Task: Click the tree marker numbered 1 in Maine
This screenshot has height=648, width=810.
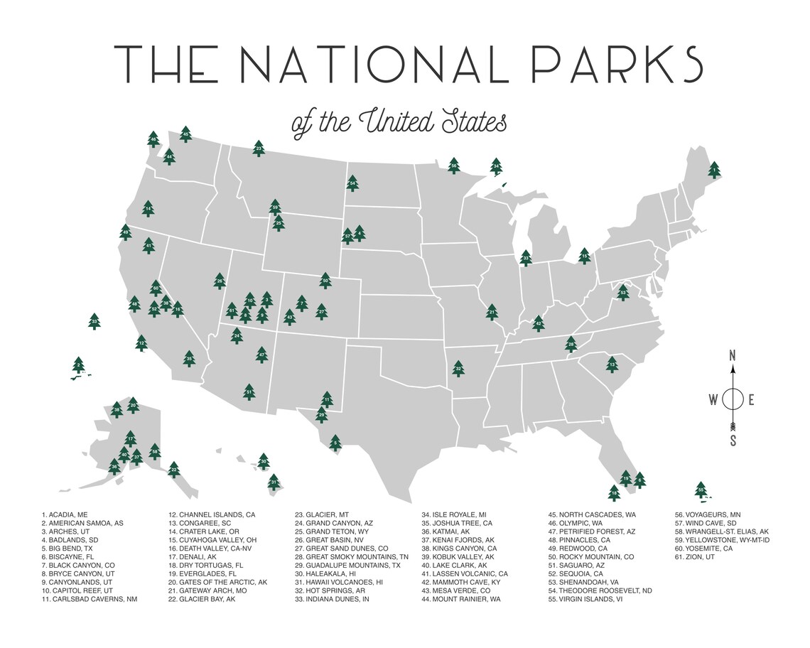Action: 714,169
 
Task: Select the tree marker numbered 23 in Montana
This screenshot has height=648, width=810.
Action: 259,148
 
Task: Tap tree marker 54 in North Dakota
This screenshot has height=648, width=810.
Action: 352,183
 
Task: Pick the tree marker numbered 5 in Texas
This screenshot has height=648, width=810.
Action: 335,443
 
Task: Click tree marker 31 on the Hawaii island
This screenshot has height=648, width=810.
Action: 274,483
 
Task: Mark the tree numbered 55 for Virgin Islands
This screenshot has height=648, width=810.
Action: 701,489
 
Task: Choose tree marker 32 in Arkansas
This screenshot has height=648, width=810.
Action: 459,367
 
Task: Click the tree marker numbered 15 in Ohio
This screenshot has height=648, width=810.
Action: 584,254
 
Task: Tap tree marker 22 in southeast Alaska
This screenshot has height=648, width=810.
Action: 173,468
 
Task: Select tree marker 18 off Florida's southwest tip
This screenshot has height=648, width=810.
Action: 614,492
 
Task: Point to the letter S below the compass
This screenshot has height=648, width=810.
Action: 733,441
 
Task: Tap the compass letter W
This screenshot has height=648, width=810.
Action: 713,399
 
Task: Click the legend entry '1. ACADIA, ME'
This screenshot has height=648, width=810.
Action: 65,514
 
